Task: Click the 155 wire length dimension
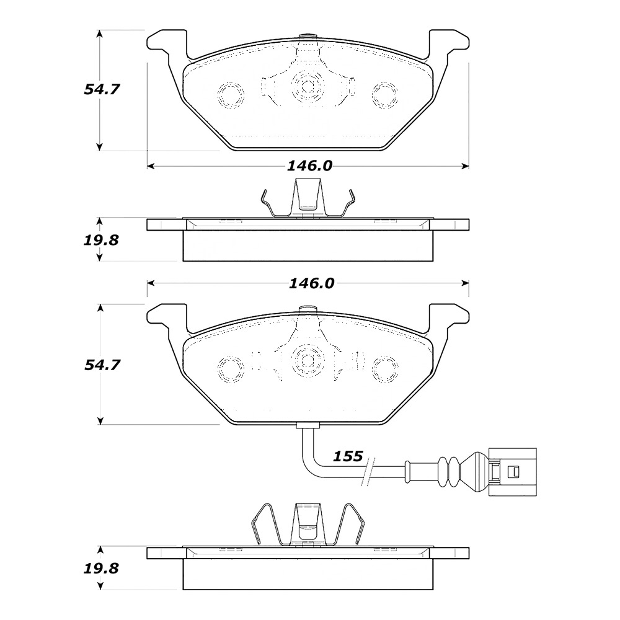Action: [x=347, y=456]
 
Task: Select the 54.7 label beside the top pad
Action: [x=102, y=89]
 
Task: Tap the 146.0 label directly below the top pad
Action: [x=309, y=166]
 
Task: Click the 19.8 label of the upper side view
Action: [x=102, y=240]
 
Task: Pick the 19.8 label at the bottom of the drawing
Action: [x=102, y=568]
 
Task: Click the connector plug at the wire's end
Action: [x=513, y=472]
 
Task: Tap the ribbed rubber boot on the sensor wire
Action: [x=449, y=471]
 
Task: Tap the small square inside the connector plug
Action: [x=511, y=472]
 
